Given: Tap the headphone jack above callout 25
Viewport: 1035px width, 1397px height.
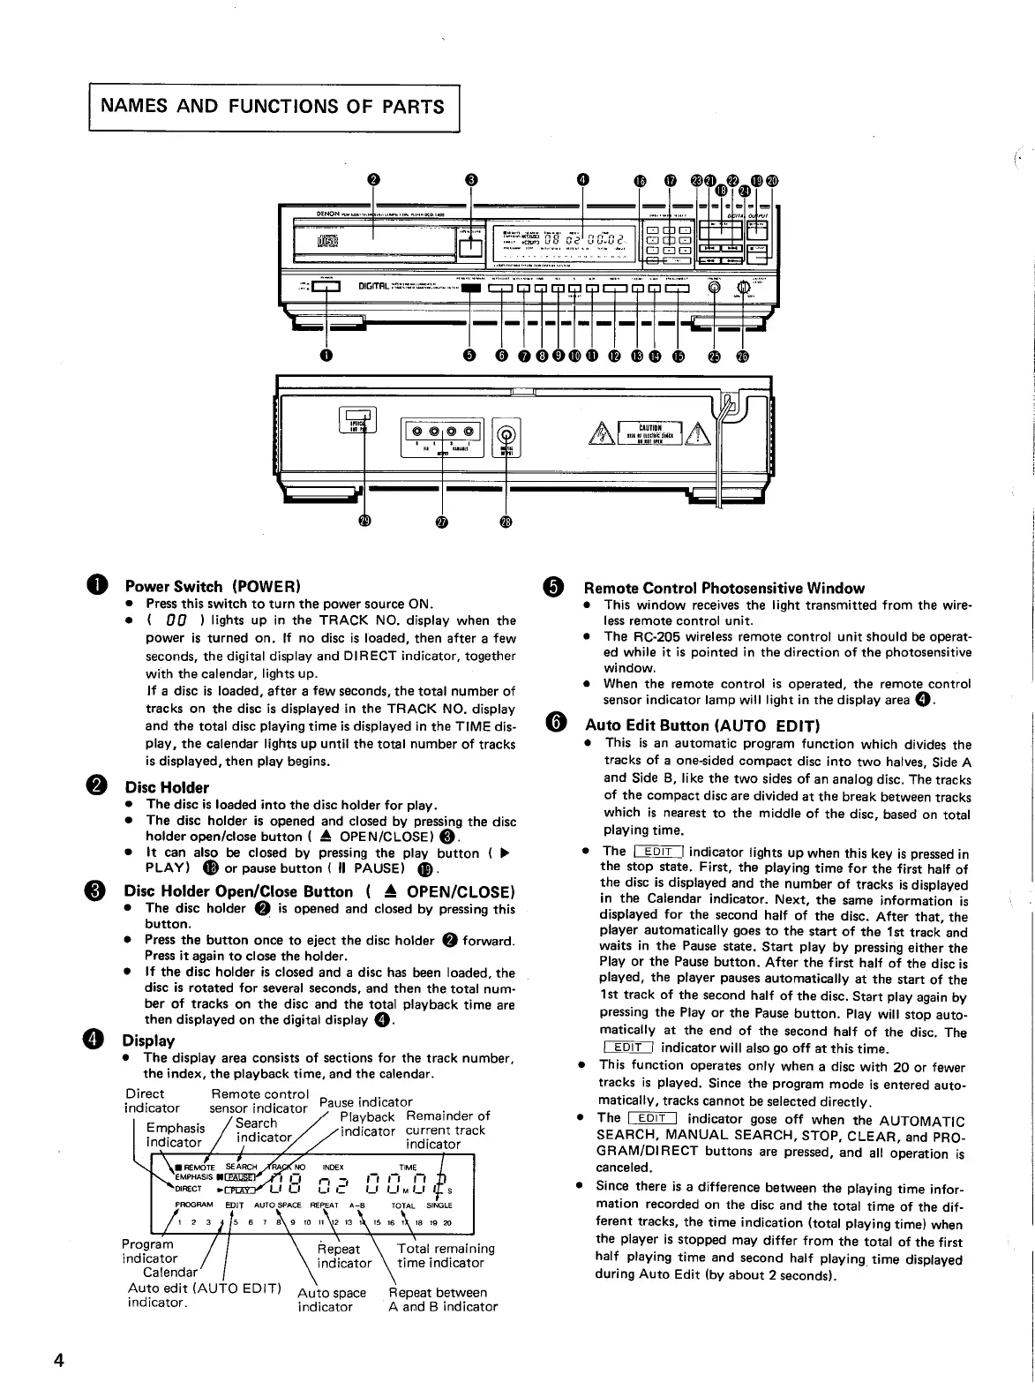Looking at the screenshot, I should (715, 286).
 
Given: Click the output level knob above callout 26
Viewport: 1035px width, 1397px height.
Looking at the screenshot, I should (743, 287).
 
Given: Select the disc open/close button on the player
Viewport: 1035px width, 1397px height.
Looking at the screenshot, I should (471, 249).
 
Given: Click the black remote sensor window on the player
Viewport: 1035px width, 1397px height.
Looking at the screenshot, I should (471, 287).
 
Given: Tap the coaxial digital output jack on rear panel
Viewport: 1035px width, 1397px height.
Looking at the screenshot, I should (506, 433).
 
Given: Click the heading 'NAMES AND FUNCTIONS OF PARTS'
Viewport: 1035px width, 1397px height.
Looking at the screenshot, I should (274, 107).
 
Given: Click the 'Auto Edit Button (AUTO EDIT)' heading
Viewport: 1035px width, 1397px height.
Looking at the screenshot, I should (702, 725).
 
